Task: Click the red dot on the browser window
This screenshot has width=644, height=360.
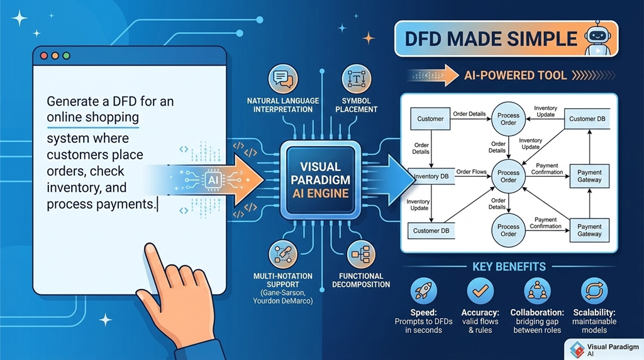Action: [44, 56]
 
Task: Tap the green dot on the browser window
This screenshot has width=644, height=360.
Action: [65, 56]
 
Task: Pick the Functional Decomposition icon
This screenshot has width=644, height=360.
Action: [360, 254]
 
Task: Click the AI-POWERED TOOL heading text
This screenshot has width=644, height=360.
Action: [514, 76]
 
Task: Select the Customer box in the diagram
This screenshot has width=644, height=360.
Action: [430, 118]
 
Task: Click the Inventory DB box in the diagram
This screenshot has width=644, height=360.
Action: [431, 176]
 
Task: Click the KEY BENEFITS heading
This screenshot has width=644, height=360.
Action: [509, 266]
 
